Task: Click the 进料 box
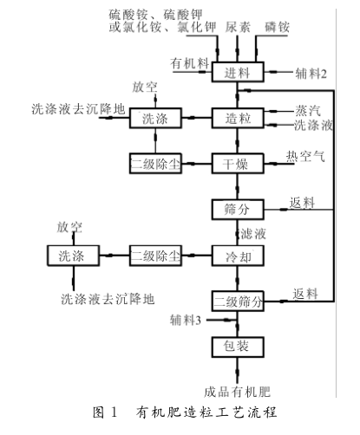[237, 72]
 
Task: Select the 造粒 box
[237, 118]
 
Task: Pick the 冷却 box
[237, 256]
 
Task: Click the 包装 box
[237, 347]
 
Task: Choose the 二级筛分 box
[237, 302]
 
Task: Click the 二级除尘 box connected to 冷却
[155, 256]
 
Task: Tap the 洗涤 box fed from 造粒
[155, 118]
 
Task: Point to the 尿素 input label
[238, 27]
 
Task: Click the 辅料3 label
[186, 321]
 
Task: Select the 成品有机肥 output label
[237, 389]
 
